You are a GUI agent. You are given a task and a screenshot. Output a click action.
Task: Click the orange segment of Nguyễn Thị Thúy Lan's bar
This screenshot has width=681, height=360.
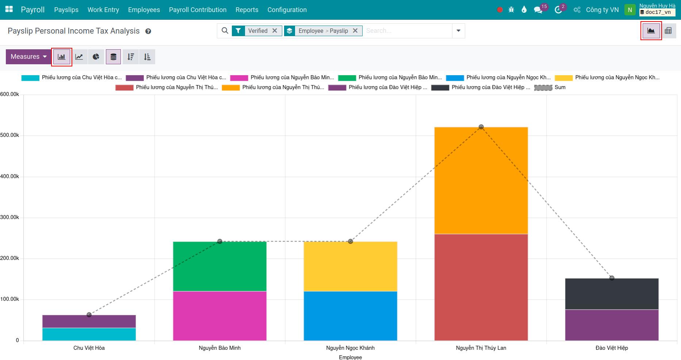[481, 180]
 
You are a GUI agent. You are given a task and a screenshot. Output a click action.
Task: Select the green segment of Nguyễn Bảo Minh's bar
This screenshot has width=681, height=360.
[219, 266]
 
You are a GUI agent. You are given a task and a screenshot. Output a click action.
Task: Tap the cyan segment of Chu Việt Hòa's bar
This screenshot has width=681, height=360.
[89, 334]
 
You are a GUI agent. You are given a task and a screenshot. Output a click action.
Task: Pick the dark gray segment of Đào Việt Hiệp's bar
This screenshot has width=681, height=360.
[612, 294]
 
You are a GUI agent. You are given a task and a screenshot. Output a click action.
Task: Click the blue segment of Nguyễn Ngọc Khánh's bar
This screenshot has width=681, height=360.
[350, 316]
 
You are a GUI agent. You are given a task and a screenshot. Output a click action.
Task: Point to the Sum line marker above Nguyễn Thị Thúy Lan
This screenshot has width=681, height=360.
[481, 127]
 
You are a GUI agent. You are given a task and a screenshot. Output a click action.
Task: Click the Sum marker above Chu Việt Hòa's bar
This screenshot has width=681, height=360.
[89, 315]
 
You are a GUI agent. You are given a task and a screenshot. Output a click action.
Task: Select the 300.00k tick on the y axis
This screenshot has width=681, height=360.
[10, 217]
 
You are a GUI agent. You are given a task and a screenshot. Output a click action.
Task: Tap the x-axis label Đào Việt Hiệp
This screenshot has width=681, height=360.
[612, 348]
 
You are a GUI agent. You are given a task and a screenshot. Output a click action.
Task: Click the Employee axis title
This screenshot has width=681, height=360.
[350, 357]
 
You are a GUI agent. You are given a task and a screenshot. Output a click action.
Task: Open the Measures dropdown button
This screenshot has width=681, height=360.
[28, 57]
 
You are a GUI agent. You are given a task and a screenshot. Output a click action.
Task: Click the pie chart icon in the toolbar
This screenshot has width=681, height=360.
[96, 57]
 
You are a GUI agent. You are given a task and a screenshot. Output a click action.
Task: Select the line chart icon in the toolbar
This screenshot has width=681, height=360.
[79, 57]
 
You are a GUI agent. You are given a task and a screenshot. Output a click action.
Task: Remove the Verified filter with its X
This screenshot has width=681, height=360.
[275, 31]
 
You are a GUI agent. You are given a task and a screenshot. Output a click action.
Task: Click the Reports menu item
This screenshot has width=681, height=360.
[247, 10]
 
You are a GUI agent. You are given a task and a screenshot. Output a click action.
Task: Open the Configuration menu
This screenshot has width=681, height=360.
[287, 10]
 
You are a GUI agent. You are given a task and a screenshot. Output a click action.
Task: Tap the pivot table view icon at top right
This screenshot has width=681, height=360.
[668, 31]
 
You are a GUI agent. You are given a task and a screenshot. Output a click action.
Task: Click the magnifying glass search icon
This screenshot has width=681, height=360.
[225, 31]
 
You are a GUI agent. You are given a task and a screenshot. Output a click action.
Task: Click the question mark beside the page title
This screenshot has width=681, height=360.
[148, 31]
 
